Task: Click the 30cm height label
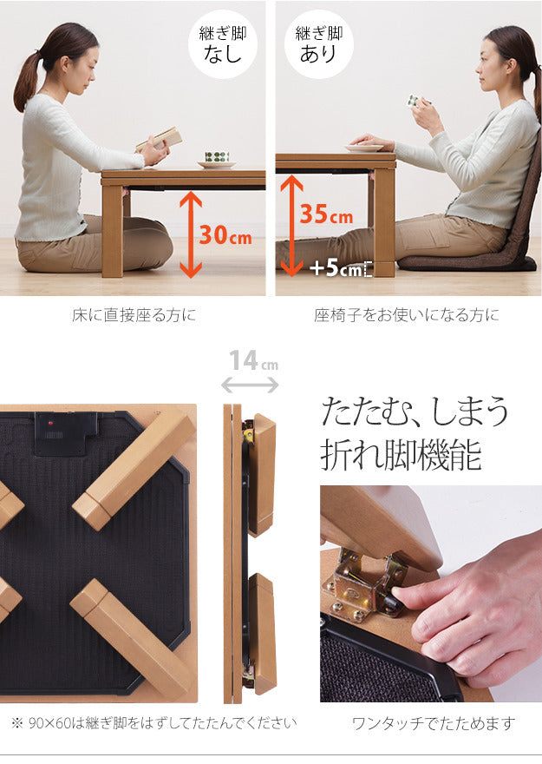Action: [x=225, y=235]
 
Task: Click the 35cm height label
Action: [x=326, y=214]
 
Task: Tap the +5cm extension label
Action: [x=336, y=268]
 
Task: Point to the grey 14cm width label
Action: [x=253, y=361]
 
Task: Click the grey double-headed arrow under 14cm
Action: [x=250, y=385]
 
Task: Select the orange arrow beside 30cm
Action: [x=191, y=235]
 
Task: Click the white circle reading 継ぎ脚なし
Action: [x=223, y=44]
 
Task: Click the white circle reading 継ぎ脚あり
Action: [x=318, y=44]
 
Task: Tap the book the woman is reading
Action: [x=160, y=138]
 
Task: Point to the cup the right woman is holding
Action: [x=415, y=101]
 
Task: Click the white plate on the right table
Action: [x=364, y=148]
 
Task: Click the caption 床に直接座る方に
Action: [x=134, y=315]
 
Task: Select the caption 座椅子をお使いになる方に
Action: [x=406, y=315]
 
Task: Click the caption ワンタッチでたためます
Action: [x=433, y=723]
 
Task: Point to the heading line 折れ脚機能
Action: [x=401, y=455]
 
